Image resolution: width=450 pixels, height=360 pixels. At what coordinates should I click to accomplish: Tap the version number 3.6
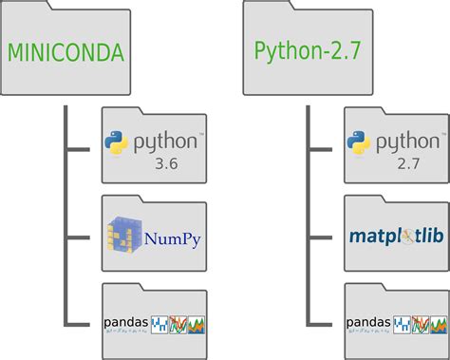click(x=167, y=165)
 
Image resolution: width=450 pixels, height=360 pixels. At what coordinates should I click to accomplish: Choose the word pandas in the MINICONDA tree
click(x=125, y=323)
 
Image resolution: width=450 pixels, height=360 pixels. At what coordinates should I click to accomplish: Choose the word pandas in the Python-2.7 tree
click(x=367, y=323)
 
